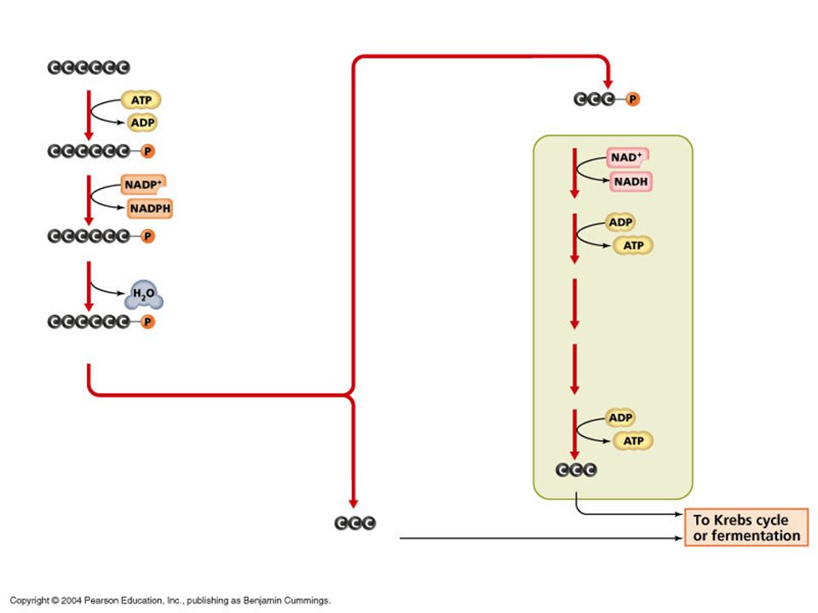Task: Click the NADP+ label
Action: [x=143, y=185]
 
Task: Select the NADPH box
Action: [x=150, y=209]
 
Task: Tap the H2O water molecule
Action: [x=143, y=295]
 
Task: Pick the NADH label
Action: [x=631, y=181]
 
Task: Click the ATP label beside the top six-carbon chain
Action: [x=141, y=100]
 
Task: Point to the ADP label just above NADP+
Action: [x=142, y=123]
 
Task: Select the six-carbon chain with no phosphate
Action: [x=89, y=67]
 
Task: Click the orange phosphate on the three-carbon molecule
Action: [x=632, y=99]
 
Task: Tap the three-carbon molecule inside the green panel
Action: [x=576, y=470]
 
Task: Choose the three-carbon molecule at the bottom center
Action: [x=354, y=523]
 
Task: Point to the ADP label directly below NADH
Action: [x=620, y=222]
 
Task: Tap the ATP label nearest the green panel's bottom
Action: [x=633, y=441]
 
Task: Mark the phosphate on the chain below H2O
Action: [x=147, y=322]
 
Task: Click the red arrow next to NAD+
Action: [x=574, y=173]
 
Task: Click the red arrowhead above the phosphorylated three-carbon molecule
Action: [x=608, y=83]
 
